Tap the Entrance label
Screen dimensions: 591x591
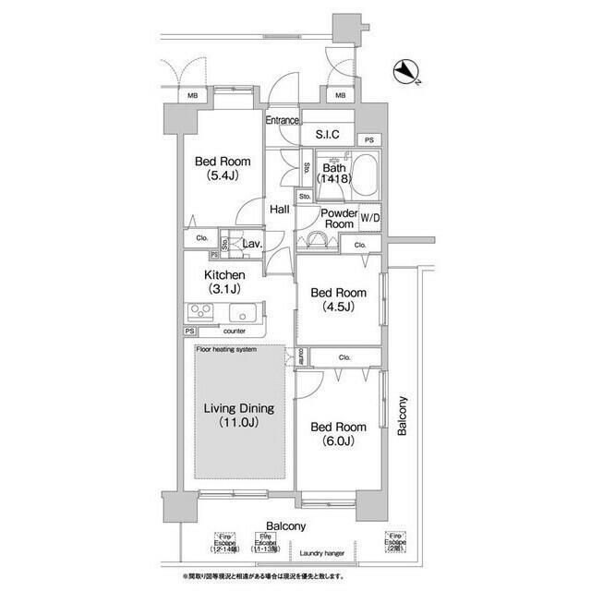(283, 121)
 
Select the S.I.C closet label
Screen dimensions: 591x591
(328, 135)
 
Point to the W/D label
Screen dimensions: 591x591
(370, 218)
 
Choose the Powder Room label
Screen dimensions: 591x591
(338, 218)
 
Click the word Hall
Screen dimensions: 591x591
(279, 210)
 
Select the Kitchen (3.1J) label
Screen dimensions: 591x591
(224, 283)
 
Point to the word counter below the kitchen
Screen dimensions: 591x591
(235, 330)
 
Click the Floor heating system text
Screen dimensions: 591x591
(226, 349)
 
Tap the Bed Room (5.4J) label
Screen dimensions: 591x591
(222, 168)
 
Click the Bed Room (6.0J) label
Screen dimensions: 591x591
(337, 434)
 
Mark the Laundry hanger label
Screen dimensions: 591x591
(323, 552)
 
